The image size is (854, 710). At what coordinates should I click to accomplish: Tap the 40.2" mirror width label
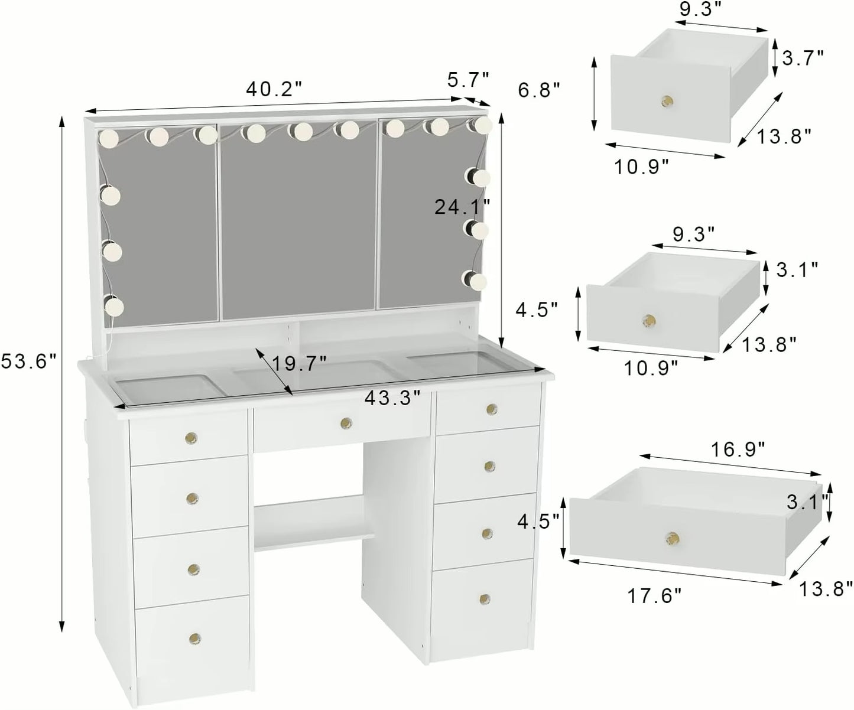pos(274,90)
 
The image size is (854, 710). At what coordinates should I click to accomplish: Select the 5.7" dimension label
pos(468,80)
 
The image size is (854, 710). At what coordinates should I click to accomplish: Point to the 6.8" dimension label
pos(538,90)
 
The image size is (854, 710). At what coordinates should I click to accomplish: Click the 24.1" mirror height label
pos(462,207)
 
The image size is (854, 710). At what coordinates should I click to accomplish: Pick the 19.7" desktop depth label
pos(299,363)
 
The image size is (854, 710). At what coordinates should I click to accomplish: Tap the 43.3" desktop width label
pos(392,398)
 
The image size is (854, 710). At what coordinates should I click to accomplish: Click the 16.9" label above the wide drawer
pos(738,450)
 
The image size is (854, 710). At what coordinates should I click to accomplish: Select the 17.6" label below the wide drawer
pos(655,595)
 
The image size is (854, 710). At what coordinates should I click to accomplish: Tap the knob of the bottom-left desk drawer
pos(194,638)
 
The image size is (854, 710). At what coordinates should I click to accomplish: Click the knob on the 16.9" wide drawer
pos(671,538)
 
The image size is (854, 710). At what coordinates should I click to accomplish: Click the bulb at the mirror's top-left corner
pos(109,138)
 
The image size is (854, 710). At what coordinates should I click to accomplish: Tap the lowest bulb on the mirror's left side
pos(113,305)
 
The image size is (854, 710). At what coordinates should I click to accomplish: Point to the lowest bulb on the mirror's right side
pos(476,281)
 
